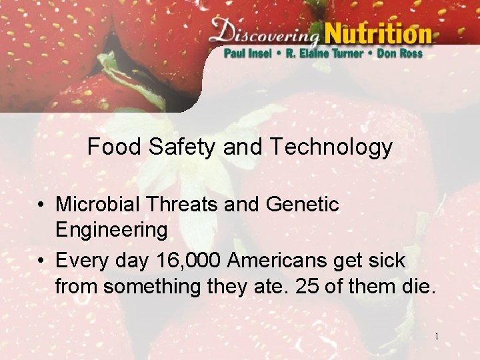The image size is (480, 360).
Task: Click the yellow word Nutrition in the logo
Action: (378, 31)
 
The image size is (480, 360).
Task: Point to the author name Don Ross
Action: (400, 53)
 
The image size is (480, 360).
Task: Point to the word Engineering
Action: (111, 231)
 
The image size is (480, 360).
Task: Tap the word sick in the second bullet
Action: (385, 260)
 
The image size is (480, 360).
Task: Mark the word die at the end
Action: (417, 287)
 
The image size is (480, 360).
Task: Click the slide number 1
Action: (437, 337)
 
